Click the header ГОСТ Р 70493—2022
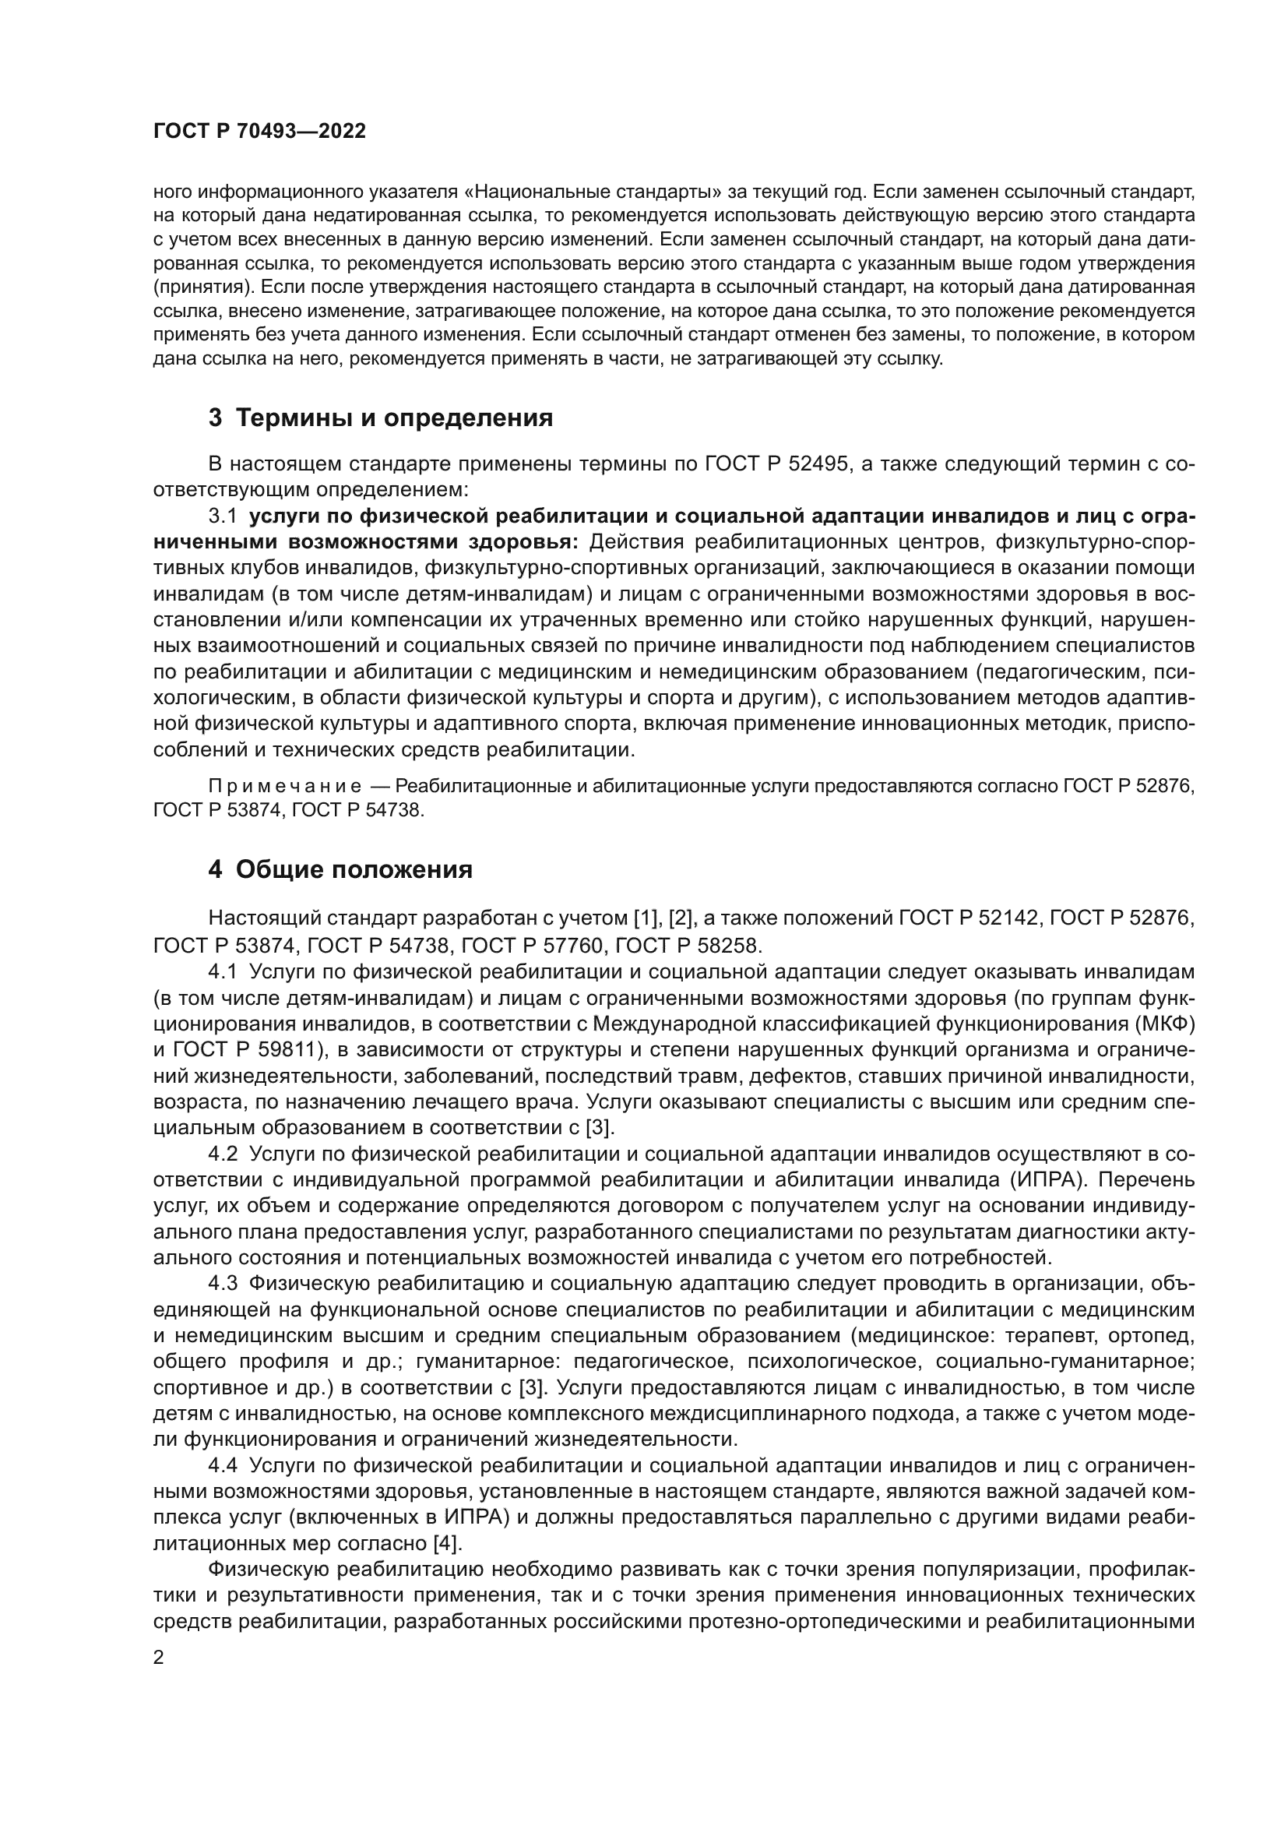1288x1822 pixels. click(x=259, y=132)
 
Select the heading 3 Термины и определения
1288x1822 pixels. click(x=380, y=418)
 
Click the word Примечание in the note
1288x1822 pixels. click(x=285, y=787)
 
